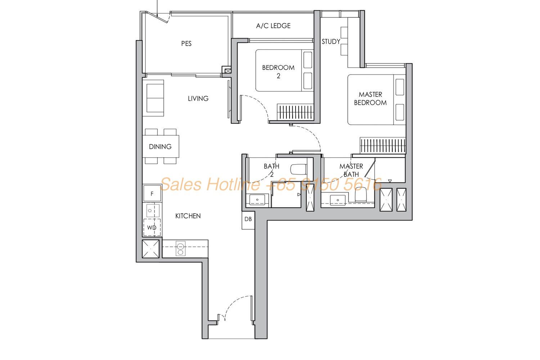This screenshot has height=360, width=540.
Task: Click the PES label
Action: [x=186, y=44]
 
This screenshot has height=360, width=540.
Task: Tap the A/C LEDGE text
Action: [x=273, y=26]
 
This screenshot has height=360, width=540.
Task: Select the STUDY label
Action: [x=331, y=42]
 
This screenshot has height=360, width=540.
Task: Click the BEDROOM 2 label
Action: [x=278, y=72]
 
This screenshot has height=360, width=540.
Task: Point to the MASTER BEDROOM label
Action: [x=370, y=98]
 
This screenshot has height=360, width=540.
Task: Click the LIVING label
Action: [x=198, y=98]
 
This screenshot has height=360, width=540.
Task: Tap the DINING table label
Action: [x=160, y=147]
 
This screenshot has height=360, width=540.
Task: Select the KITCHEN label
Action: [x=188, y=216]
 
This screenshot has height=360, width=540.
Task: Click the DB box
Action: [x=248, y=220]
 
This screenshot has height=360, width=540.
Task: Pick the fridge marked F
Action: [x=152, y=193]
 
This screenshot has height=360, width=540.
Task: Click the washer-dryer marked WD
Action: [x=152, y=228]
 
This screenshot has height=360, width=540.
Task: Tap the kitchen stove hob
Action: [x=180, y=248]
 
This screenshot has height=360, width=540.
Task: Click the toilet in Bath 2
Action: [x=299, y=169]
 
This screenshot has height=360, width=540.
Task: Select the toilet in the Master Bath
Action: [x=361, y=195]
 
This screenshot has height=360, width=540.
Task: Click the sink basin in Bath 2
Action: [x=257, y=200]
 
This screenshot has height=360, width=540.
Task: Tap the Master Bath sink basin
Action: [x=338, y=200]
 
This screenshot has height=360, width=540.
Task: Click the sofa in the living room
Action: [x=155, y=98]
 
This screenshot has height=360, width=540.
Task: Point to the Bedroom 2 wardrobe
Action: [x=295, y=112]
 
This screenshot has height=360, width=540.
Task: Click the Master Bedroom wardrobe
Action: [x=383, y=145]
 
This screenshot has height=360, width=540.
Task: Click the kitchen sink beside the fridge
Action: [x=153, y=211]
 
